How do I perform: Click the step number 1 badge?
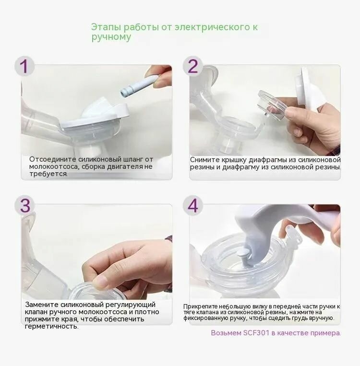click(x=24, y=66)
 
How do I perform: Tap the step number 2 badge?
click(x=192, y=66)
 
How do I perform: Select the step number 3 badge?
click(x=25, y=206)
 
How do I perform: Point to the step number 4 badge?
click(x=192, y=206)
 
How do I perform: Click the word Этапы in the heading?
click(x=106, y=27)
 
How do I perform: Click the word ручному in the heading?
click(x=111, y=37)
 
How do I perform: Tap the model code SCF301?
click(x=256, y=333)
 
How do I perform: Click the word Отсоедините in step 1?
click(x=53, y=159)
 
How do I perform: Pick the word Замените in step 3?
click(x=42, y=305)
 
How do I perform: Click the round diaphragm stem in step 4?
click(x=243, y=253)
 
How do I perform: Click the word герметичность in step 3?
click(x=52, y=327)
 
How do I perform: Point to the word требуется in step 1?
click(x=48, y=174)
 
